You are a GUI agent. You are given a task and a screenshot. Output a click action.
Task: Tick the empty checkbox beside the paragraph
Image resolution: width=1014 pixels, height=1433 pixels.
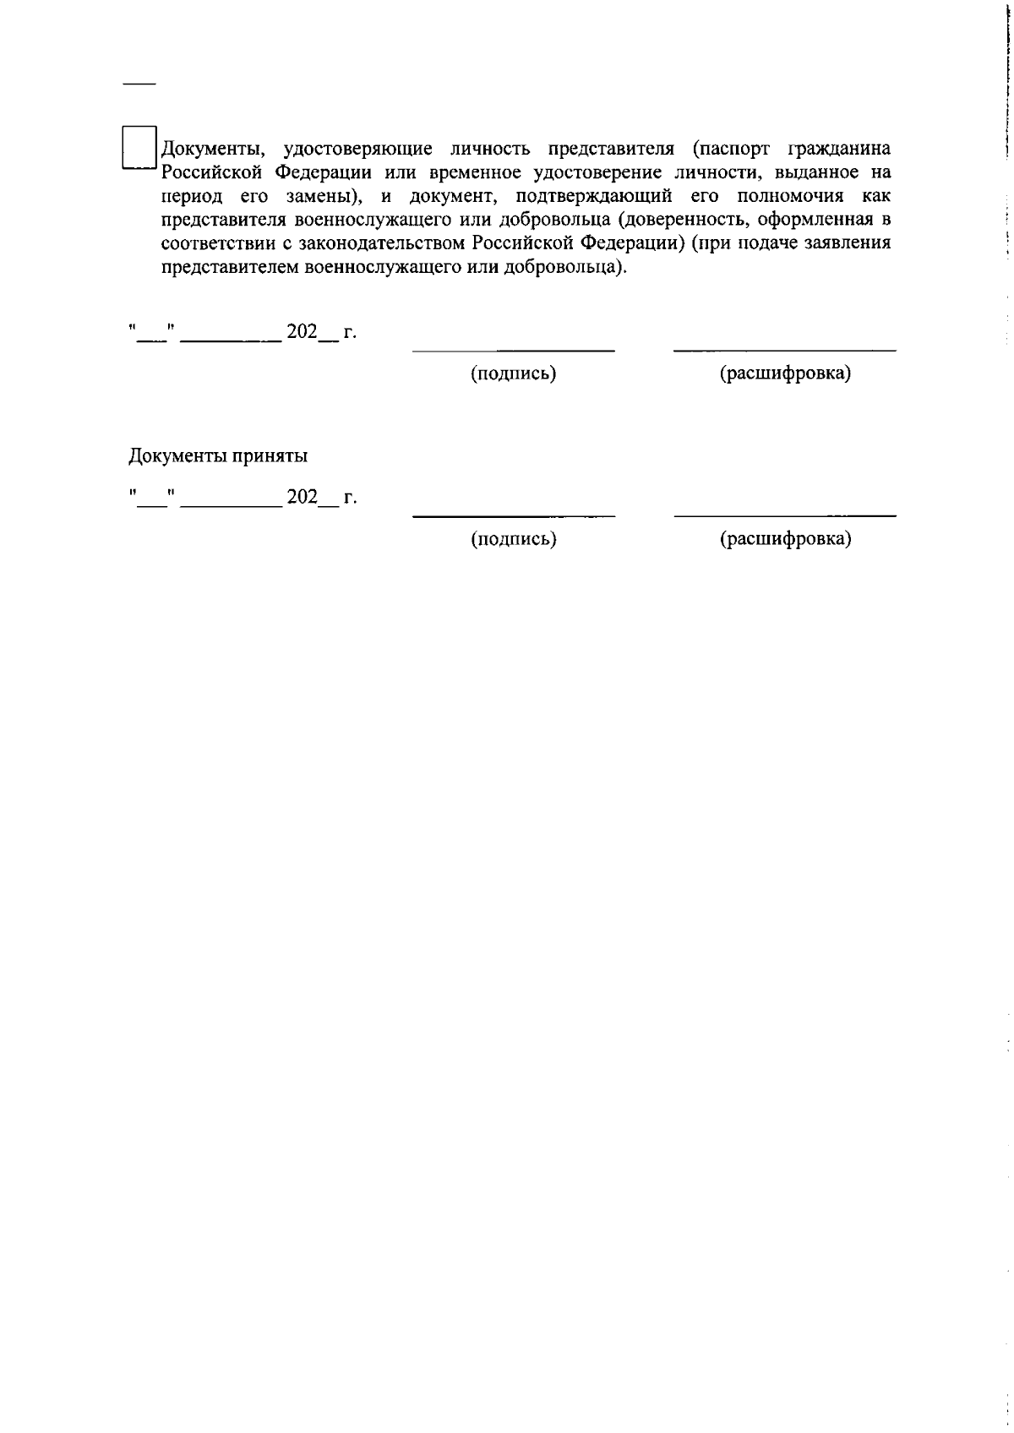pos(140,148)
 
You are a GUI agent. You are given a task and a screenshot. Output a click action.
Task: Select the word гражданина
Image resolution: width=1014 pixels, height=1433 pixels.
pos(838,150)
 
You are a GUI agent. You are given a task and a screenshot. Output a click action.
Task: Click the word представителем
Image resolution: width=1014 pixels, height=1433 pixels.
pos(224,268)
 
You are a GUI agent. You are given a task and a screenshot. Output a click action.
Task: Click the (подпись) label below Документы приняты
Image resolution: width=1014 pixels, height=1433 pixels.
pos(513,539)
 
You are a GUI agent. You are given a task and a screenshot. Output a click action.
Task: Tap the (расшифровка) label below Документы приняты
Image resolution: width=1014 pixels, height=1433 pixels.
pos(785,539)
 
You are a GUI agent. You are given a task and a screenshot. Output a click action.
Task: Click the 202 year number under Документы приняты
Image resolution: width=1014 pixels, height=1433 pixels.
pos(302,497)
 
